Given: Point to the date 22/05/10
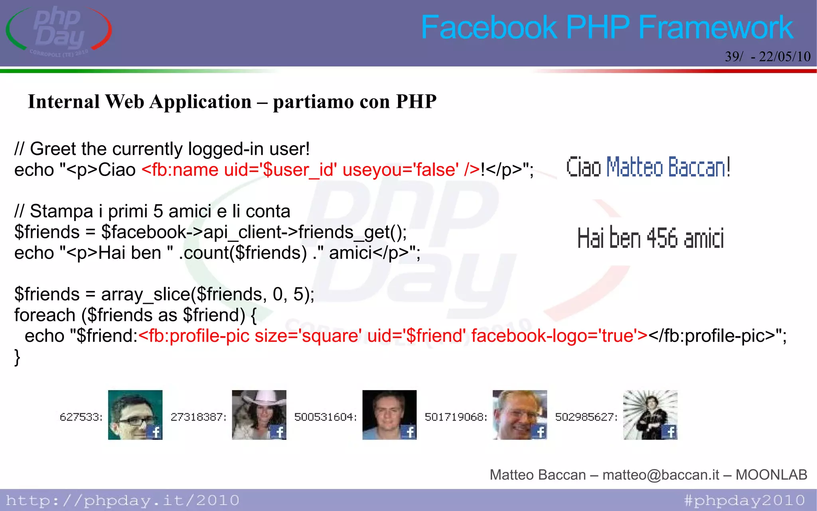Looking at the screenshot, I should [x=784, y=57].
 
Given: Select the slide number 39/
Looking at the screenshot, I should [x=734, y=57].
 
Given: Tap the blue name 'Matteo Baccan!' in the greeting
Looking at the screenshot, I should [x=668, y=167].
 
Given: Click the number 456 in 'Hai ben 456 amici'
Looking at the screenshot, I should [x=662, y=238].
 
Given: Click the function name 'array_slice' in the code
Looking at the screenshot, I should [x=145, y=295].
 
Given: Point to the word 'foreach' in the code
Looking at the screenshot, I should [x=45, y=315].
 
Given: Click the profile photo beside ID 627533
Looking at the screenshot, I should [x=135, y=415].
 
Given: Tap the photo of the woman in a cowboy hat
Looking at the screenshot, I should [x=259, y=415].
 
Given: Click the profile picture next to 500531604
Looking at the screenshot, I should [x=389, y=415].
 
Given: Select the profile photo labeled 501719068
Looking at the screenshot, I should [x=520, y=415].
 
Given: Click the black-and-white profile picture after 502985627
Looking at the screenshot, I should [x=650, y=415].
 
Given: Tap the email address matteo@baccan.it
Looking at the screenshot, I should [x=661, y=475].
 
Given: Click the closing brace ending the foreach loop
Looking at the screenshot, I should [x=17, y=357].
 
